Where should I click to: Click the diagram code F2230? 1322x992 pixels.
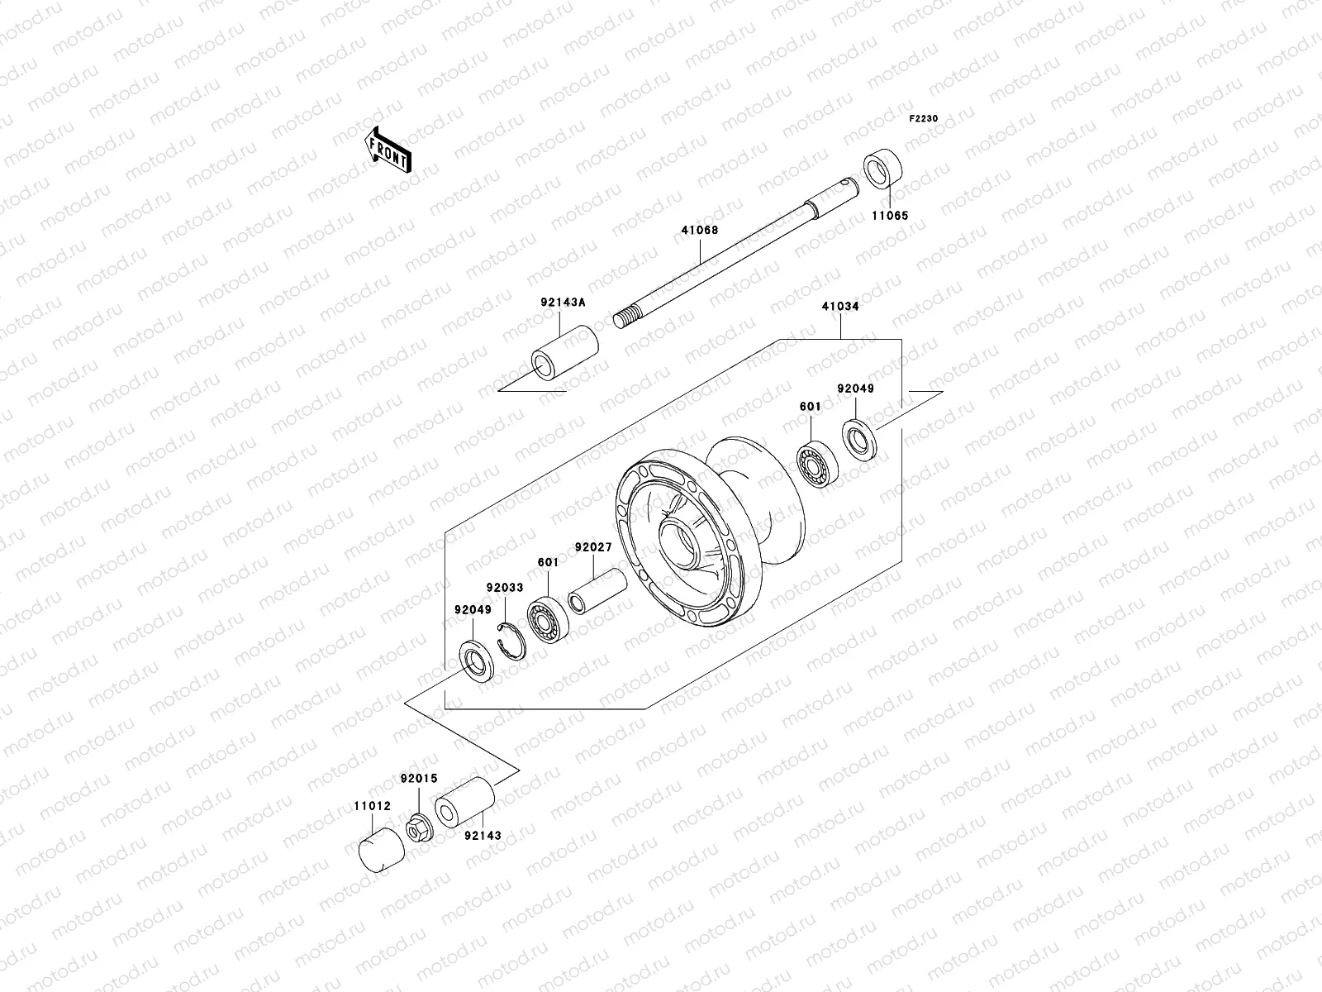(x=924, y=119)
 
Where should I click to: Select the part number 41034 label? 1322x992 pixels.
(x=840, y=306)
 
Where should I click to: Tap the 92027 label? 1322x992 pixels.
(x=593, y=547)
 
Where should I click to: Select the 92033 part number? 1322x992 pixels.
(x=504, y=588)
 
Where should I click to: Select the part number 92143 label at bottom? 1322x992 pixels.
(x=483, y=836)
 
